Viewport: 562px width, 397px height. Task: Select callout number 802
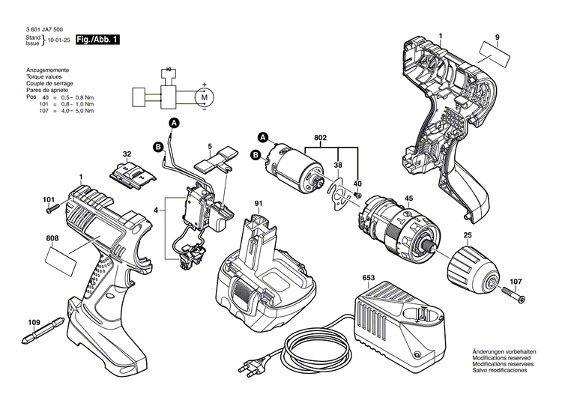tap(320, 138)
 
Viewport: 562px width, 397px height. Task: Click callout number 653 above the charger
tap(368, 277)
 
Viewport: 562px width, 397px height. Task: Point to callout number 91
tap(258, 203)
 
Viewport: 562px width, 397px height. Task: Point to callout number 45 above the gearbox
tap(408, 198)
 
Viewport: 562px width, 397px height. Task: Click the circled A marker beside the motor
tap(263, 136)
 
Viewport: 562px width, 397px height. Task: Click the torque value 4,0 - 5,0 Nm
tap(79, 111)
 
